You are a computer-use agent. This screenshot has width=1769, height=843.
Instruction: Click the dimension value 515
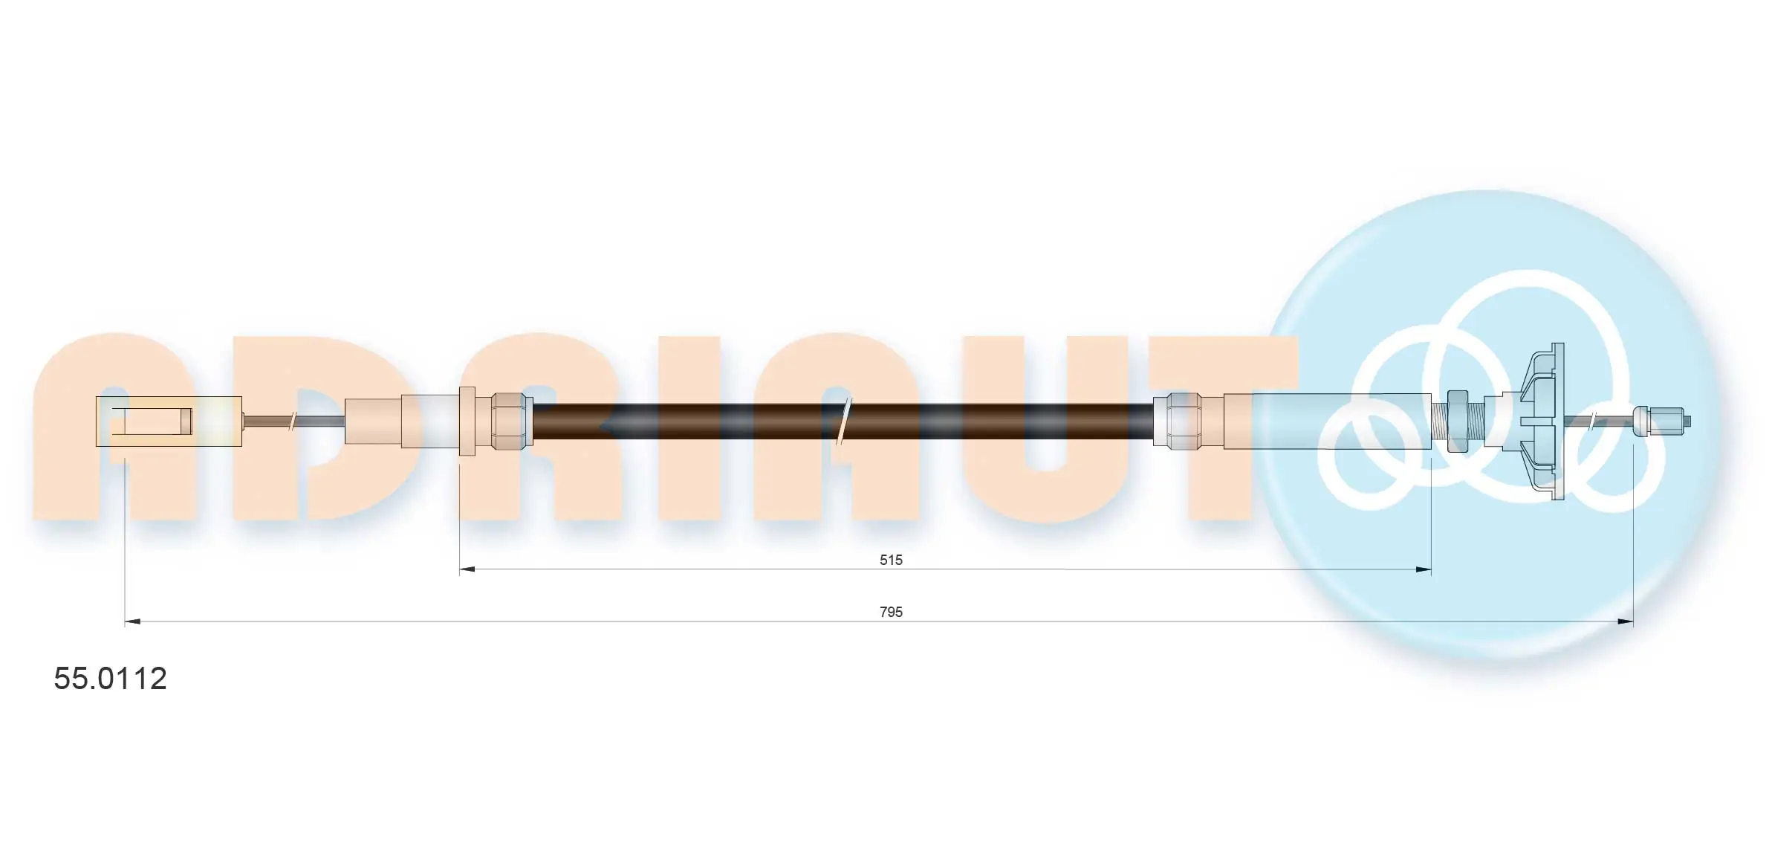[x=890, y=560]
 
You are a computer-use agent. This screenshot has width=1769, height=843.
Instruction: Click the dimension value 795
[x=890, y=612]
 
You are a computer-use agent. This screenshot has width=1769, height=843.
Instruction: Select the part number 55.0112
[x=110, y=679]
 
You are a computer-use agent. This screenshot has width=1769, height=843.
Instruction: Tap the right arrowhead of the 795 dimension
[x=1625, y=621]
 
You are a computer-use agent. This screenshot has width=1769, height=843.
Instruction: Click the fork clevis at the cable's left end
[x=169, y=421]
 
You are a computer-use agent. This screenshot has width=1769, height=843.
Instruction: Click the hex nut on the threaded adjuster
[x=1457, y=421]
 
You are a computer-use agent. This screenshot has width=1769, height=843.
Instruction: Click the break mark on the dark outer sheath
[x=844, y=421]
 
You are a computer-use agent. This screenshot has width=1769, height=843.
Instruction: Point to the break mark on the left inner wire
[x=293, y=421]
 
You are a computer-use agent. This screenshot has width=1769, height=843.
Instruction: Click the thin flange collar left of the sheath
[x=467, y=421]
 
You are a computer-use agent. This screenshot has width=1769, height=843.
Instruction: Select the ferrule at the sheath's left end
[x=512, y=421]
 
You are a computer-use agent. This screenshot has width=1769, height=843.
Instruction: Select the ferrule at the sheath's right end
[x=1177, y=421]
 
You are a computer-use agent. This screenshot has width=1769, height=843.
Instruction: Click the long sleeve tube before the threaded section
[x=1326, y=421]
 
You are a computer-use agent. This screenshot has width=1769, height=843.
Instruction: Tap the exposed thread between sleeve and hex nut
[x=1440, y=421]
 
